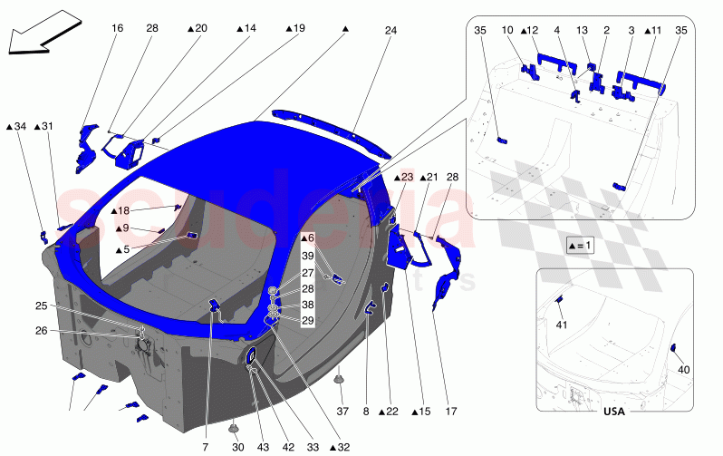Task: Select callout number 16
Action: click(x=117, y=29)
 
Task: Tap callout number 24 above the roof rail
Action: click(x=390, y=30)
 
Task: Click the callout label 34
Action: click(x=16, y=127)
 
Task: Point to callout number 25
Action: click(x=42, y=306)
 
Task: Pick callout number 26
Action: click(x=42, y=330)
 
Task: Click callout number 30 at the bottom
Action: click(x=237, y=447)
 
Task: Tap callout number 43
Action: click(x=262, y=447)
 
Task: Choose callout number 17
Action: click(x=450, y=412)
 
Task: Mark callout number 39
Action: click(x=308, y=257)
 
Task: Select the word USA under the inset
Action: click(x=615, y=412)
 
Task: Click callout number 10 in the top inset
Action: click(x=506, y=30)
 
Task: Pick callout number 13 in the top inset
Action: click(x=582, y=30)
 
